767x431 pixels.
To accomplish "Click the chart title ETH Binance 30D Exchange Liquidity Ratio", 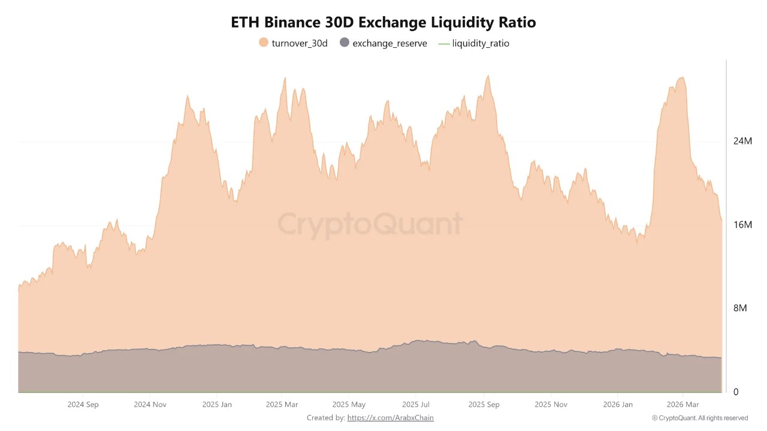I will click(x=383, y=23).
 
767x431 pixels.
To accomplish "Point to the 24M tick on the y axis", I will click(x=742, y=141).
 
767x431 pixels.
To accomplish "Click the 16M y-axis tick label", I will click(x=742, y=225).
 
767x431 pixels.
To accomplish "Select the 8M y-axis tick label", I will click(x=740, y=308).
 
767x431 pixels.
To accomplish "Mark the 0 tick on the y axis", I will click(x=736, y=392).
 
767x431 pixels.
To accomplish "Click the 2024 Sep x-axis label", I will click(x=83, y=405).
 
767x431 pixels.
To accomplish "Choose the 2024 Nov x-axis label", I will click(x=150, y=405).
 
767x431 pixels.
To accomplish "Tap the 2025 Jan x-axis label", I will click(x=217, y=405).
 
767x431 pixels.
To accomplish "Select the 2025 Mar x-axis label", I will click(x=282, y=405).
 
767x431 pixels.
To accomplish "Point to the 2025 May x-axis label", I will click(x=349, y=405).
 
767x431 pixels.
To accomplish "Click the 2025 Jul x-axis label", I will click(x=416, y=405).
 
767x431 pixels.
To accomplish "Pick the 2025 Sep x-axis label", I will click(x=484, y=405).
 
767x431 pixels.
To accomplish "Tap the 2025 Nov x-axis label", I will click(x=551, y=405).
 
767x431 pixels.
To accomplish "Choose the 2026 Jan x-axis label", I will click(x=618, y=405).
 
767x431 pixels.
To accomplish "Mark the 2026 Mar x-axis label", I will click(x=683, y=405).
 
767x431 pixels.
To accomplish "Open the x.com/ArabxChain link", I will click(x=390, y=418).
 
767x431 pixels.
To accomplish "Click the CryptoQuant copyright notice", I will click(x=699, y=418).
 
